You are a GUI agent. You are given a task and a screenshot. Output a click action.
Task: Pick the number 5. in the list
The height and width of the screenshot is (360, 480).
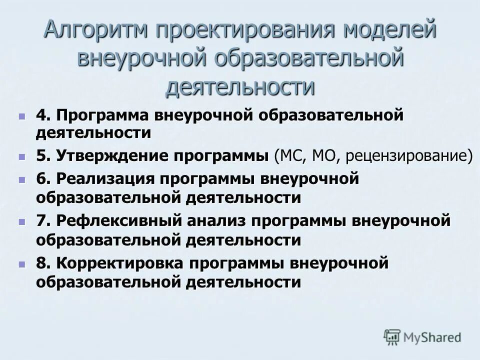43,155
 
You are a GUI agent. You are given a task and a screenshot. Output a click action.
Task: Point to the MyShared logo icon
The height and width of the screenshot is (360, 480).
392,336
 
